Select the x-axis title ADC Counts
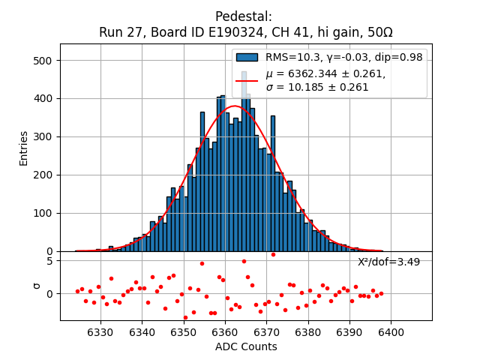coord(246,346)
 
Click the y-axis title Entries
coord(24,148)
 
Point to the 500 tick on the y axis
coord(42,61)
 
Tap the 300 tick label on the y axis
coord(42,137)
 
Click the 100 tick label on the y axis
coord(42,213)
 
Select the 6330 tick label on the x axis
coord(100,332)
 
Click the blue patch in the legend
coord(247,58)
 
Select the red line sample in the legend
coord(247,80)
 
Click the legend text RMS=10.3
coord(290,58)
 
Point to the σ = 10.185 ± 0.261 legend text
coord(317,88)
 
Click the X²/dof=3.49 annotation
coord(388,262)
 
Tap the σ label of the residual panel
coord(35,286)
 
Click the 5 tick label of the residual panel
coord(49,261)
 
